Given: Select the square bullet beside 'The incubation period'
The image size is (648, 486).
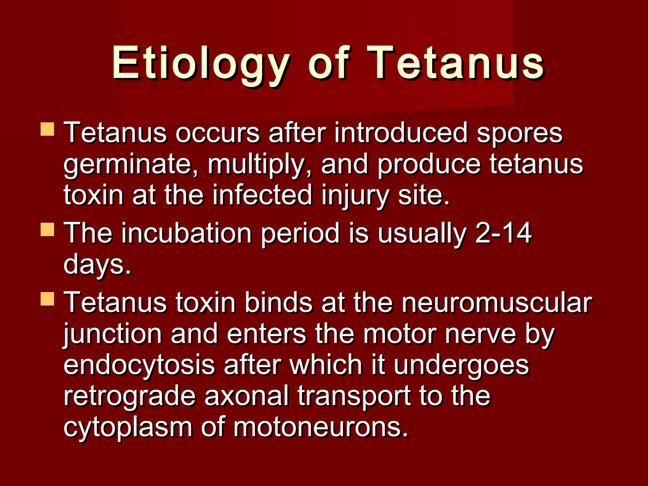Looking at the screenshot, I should pyautogui.click(x=47, y=230).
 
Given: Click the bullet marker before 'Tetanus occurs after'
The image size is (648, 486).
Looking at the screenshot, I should pyautogui.click(x=47, y=129).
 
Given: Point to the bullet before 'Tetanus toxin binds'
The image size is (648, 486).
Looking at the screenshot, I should pyautogui.click(x=47, y=299).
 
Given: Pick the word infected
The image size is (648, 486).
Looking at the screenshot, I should pyautogui.click(x=262, y=195).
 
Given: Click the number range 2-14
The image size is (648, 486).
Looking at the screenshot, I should pyautogui.click(x=503, y=233).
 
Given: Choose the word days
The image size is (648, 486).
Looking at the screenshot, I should pyautogui.click(x=97, y=265).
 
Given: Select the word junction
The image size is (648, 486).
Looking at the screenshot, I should pyautogui.click(x=113, y=334).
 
